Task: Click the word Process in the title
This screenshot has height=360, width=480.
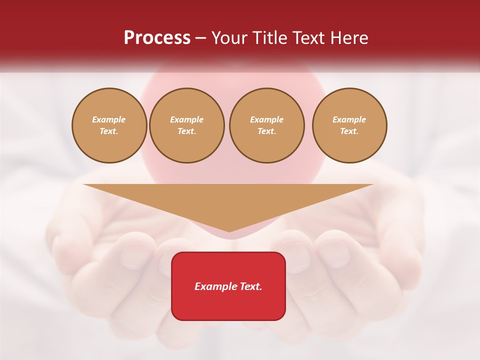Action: tap(157, 38)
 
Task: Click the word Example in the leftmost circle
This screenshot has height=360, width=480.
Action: tap(109, 120)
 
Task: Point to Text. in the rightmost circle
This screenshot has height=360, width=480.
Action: tap(349, 131)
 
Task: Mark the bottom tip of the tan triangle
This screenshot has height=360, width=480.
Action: tap(229, 231)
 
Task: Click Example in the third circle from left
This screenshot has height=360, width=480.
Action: tap(267, 120)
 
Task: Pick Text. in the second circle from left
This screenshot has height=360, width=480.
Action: tap(187, 131)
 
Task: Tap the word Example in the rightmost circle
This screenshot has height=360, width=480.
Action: tap(349, 120)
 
